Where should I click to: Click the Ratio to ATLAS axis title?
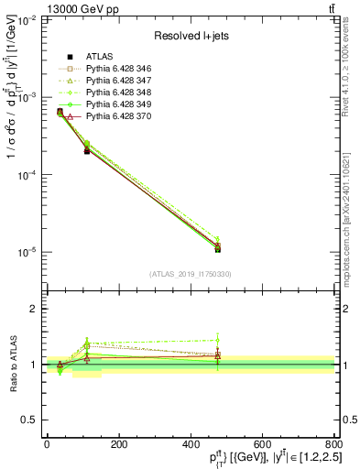(x=12, y=365)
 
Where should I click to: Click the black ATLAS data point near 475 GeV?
(x=217, y=248)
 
